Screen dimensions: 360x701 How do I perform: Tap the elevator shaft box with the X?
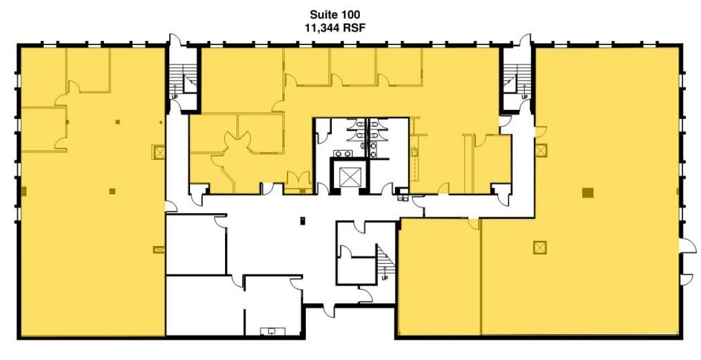pos(348,176)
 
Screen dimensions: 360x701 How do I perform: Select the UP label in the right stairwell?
pos(524,96)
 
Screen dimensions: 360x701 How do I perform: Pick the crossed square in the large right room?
pos(539,247)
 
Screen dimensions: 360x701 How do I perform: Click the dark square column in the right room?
pos(587,191)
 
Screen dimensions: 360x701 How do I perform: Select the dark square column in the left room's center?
pos(112,191)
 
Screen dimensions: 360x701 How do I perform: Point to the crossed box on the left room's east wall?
pos(158,152)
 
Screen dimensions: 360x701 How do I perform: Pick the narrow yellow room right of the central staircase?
pos(438,276)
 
